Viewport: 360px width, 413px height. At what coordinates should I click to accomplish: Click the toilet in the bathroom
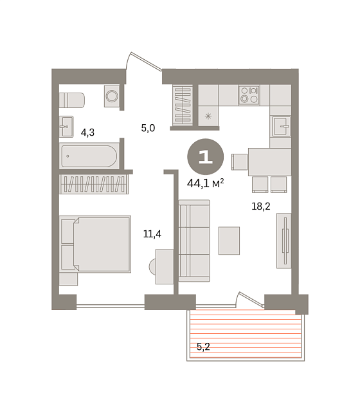72,100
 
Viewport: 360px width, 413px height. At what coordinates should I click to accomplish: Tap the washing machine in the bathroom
112,96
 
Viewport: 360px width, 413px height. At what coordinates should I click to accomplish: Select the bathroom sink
66,127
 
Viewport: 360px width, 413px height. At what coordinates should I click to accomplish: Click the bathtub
89,156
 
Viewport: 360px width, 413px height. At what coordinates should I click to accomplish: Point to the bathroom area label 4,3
87,133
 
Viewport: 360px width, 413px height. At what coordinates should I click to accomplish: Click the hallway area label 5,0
148,128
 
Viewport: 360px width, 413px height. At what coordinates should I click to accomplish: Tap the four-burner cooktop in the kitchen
249,95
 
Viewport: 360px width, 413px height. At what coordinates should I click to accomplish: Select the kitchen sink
282,127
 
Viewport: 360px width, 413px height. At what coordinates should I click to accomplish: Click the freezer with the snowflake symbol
208,116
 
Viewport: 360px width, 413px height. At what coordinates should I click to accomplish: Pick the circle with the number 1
206,157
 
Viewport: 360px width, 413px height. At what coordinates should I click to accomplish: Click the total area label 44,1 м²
206,183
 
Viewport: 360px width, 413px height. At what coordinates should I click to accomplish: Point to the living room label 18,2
261,206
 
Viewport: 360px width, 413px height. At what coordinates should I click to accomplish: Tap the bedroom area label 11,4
152,234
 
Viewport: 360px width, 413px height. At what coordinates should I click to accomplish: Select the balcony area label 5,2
203,347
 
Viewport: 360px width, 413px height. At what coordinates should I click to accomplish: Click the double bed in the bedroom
95,244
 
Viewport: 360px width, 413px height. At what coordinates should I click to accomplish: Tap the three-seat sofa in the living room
194,241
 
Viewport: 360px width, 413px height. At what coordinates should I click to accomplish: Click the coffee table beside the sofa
230,241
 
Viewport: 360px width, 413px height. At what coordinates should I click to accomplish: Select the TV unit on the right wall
283,241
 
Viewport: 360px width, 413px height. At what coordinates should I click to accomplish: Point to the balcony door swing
250,300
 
